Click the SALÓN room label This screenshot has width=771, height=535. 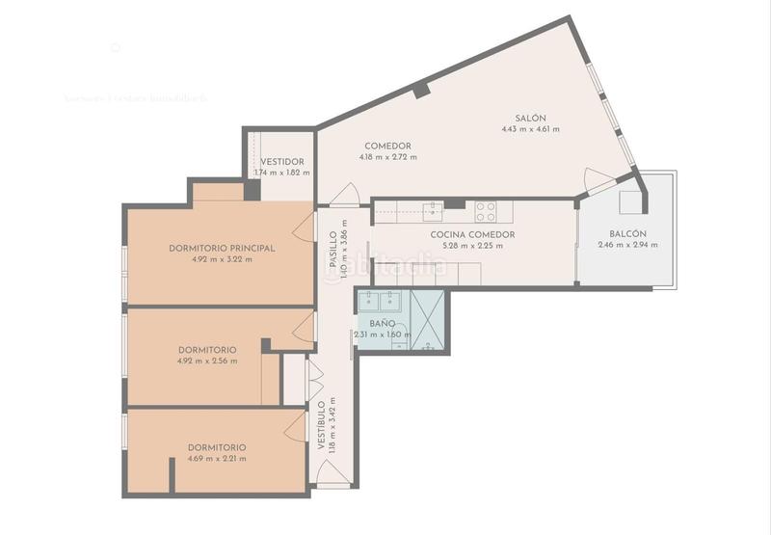pos(530,117)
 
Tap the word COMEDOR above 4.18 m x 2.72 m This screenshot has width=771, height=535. pos(387,147)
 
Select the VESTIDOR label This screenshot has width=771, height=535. pos(282,162)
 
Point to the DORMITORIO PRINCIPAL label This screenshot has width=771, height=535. pos(222,248)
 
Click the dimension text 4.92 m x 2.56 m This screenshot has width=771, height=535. pos(207,361)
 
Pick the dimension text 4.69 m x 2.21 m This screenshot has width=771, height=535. pos(216,458)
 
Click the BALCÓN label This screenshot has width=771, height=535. pos(628,234)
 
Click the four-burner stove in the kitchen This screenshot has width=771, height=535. pos(485,211)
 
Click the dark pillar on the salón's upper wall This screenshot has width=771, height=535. pos(421,91)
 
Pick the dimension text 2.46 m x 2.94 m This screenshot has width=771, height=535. pos(628,245)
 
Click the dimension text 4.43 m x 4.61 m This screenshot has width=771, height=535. pos(530,128)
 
